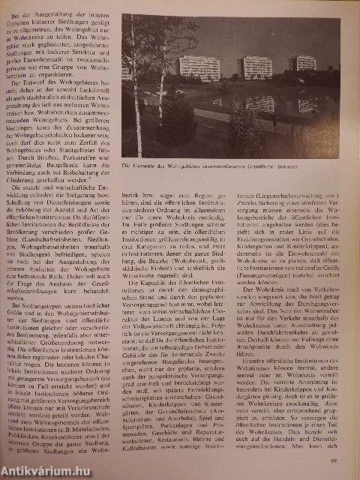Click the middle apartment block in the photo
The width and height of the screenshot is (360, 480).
tap(255, 67)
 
